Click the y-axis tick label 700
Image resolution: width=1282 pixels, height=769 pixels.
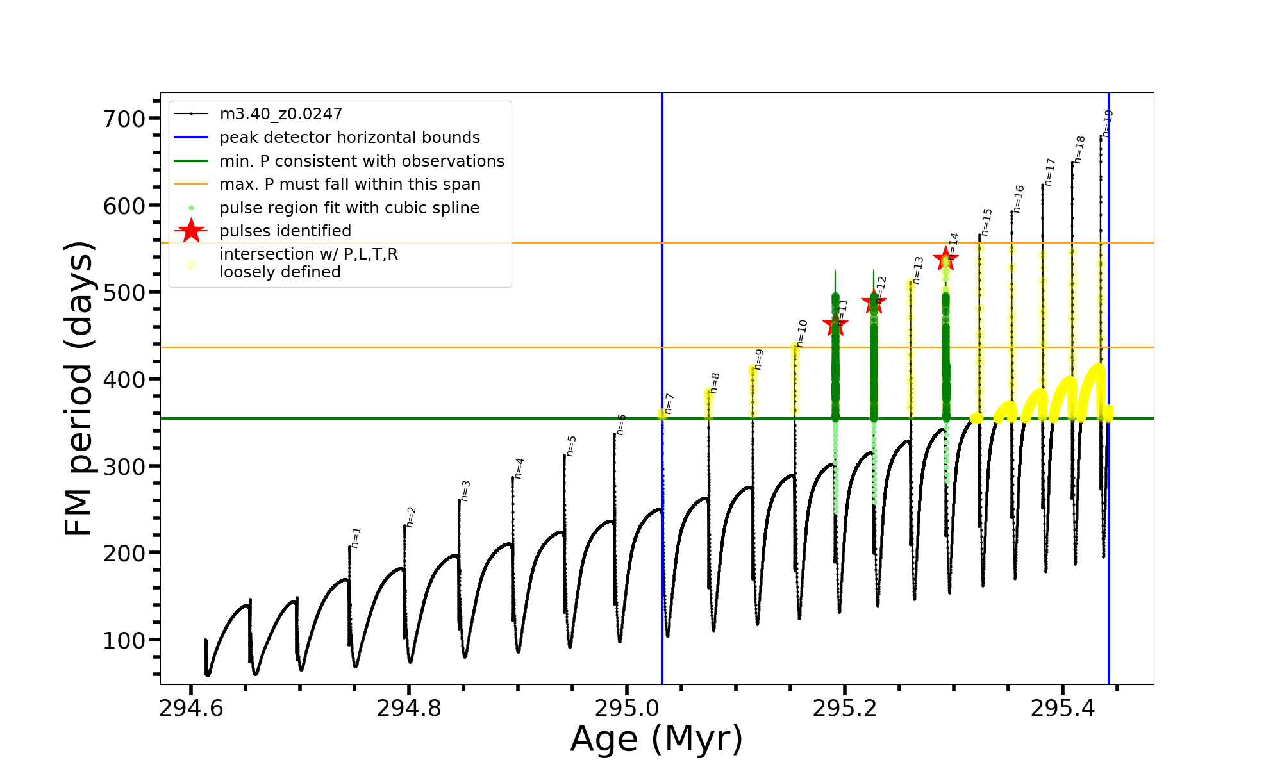(x=124, y=119)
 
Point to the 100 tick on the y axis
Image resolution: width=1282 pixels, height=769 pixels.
(x=124, y=640)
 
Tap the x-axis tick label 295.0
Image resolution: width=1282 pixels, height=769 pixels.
(x=627, y=708)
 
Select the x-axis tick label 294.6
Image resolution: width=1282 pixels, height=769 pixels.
(x=191, y=708)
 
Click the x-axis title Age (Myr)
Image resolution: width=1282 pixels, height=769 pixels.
(x=656, y=739)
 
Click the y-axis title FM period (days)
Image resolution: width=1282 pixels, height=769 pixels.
(x=79, y=388)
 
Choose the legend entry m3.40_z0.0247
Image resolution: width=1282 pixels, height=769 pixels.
(x=281, y=114)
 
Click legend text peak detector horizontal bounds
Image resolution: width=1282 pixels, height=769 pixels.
(x=349, y=138)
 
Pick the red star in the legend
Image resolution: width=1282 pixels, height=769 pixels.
(x=191, y=231)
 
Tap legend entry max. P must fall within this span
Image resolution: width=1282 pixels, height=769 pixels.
(x=349, y=185)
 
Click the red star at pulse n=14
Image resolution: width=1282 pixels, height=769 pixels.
(x=945, y=260)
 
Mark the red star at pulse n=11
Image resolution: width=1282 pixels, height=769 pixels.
(x=835, y=324)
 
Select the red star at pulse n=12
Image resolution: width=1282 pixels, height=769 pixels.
(x=874, y=302)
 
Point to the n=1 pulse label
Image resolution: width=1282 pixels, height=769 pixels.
(x=356, y=538)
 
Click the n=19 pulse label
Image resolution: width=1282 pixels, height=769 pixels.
(x=1108, y=123)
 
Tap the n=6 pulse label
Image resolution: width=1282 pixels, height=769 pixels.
(x=621, y=424)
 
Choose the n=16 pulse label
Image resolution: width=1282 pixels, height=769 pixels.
(x=1019, y=199)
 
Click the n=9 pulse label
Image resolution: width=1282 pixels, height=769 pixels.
(x=759, y=360)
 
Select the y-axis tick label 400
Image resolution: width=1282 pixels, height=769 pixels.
(x=124, y=379)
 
